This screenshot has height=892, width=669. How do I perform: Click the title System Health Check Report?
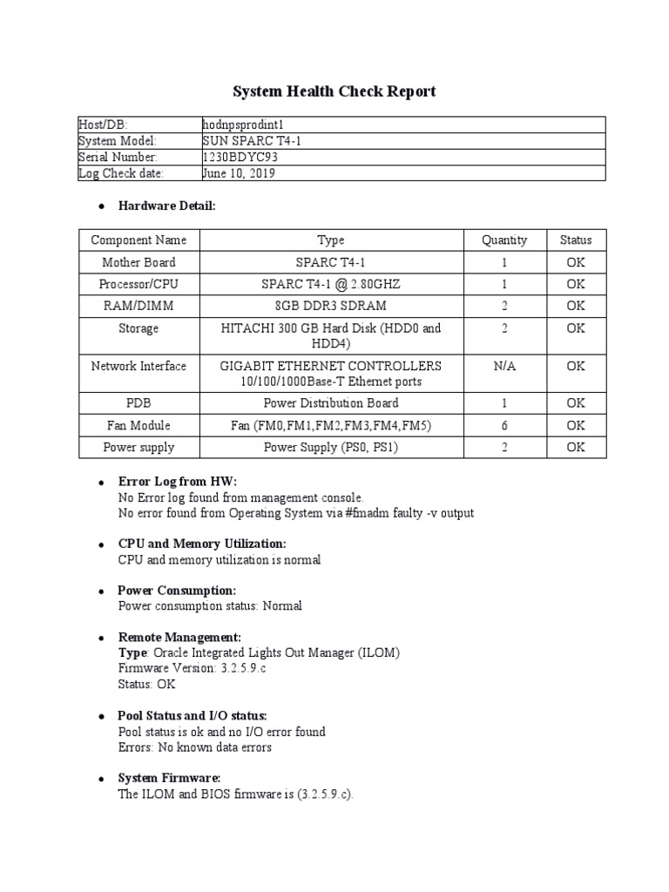pos(334,91)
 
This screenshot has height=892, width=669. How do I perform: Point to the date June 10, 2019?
pos(238,173)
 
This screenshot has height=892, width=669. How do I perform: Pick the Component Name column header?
pos(139,240)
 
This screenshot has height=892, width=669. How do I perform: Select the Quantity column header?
pos(504,240)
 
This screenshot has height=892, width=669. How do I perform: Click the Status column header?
pos(576,240)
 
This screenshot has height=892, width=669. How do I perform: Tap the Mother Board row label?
pos(139,262)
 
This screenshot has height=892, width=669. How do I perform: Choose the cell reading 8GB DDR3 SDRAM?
pos(330,306)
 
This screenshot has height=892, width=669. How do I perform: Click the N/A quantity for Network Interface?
pos(504,366)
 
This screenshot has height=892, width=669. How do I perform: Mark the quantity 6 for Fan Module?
pos(504,425)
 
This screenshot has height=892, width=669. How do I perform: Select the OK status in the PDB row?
pos(576,403)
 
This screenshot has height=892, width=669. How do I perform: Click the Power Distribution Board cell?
pos(330,403)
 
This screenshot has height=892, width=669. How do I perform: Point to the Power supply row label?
pos(139,448)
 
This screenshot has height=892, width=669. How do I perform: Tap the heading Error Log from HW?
pos(177,482)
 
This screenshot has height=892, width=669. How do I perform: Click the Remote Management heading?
pos(179,638)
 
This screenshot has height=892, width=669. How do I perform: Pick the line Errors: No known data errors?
pos(194,747)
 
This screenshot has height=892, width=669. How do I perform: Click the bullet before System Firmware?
pos(102,779)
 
